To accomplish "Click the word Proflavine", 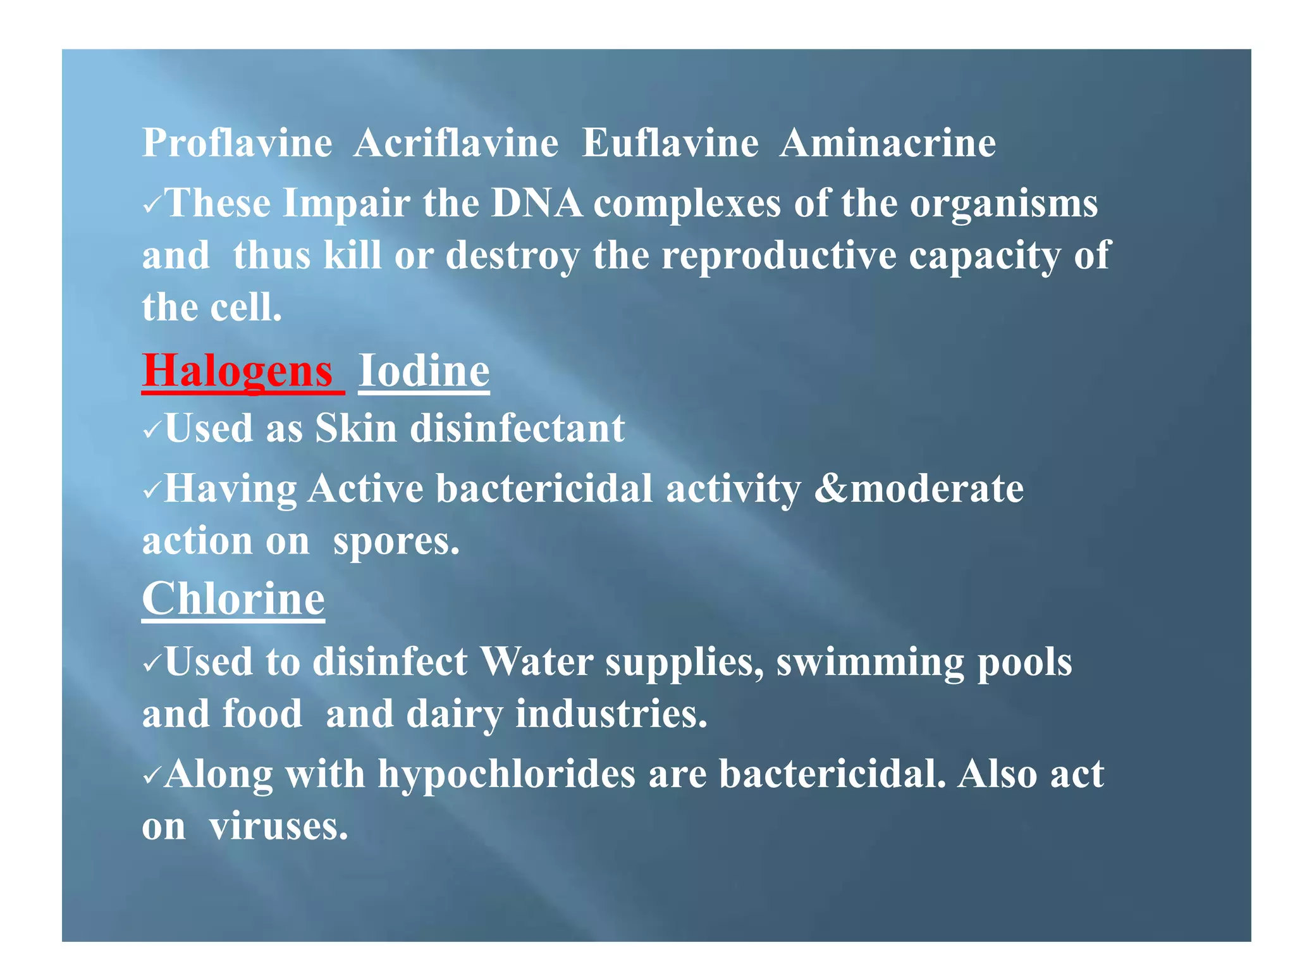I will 237,143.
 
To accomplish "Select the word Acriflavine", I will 456,143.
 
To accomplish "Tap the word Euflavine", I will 670,143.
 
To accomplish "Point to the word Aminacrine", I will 887,143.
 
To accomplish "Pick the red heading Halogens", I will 238,371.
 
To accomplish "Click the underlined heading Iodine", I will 424,371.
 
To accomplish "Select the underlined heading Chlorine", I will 233,598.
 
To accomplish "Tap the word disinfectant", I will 517,429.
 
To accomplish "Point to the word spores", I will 396,542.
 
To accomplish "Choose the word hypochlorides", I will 506,774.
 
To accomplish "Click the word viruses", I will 278,826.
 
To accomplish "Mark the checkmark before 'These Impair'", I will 152,205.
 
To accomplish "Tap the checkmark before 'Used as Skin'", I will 152,430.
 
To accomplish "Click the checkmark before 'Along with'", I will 152,776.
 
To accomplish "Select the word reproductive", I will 779,256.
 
